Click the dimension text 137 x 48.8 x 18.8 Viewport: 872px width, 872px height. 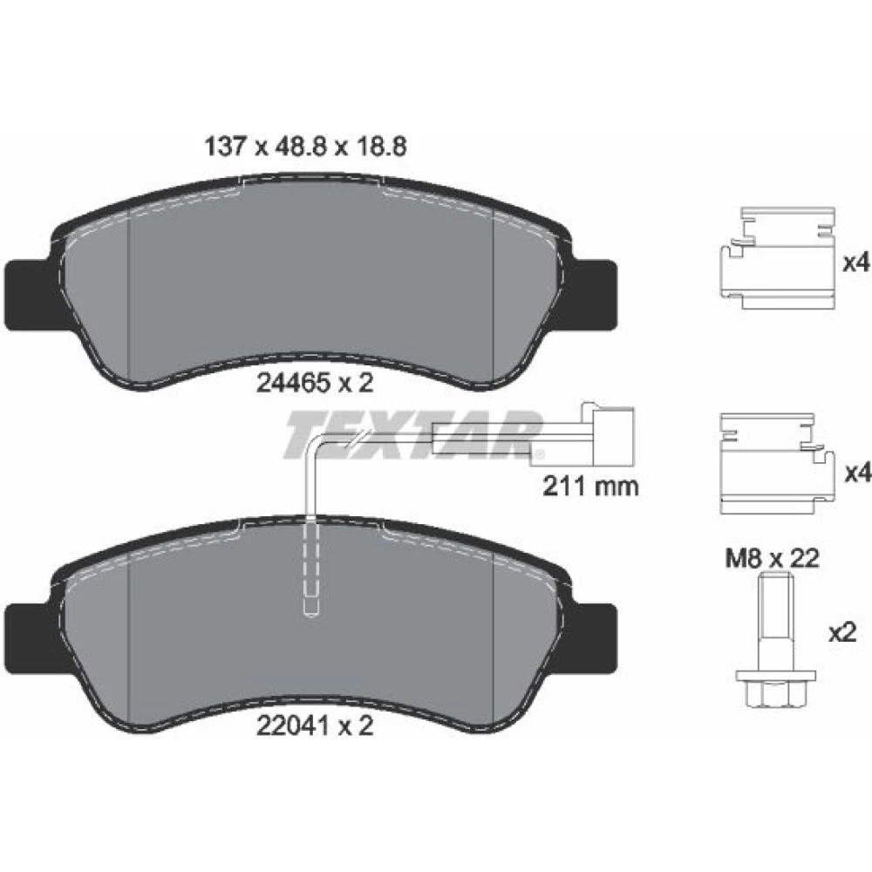(306, 146)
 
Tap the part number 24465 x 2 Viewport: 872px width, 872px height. (315, 383)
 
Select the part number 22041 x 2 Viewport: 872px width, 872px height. (315, 726)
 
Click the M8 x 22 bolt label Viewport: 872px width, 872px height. (772, 558)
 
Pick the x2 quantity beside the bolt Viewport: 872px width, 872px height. (842, 633)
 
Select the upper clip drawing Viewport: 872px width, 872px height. (777, 258)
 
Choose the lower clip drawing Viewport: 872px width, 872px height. (777, 464)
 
